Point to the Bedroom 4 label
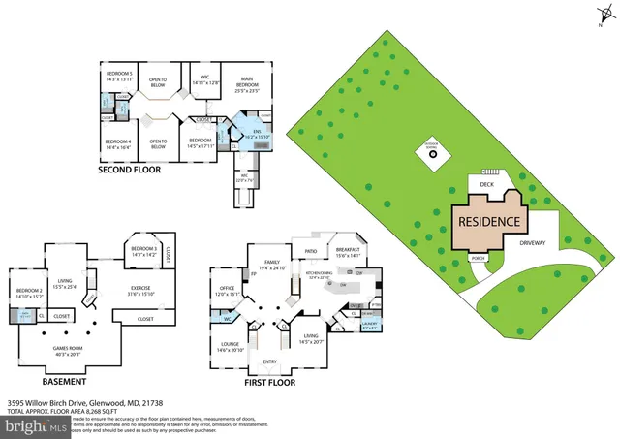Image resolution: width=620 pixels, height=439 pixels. coord(118,144)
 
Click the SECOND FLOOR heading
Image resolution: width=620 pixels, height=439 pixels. coord(131,170)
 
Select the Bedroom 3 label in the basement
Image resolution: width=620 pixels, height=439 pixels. coord(143,250)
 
